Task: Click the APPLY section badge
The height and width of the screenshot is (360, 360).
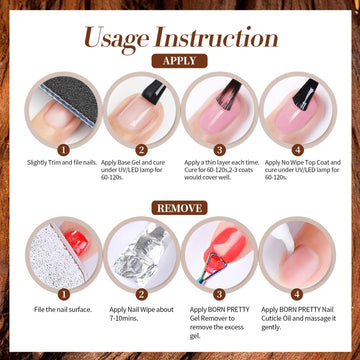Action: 179,61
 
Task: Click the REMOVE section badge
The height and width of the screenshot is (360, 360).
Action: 179,208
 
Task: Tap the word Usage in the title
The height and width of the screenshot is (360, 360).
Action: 116,38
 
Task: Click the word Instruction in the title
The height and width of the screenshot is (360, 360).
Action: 216,37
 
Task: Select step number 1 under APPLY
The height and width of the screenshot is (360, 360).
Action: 63,150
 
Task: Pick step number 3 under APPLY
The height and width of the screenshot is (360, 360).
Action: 219,150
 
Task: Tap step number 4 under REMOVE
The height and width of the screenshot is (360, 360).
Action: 297,295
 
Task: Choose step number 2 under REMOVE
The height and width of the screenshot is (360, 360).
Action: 141,295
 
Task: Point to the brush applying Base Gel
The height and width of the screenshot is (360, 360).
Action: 153,92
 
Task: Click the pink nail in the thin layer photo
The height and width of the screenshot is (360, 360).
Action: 221,113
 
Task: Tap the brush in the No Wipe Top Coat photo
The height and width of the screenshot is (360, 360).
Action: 305,94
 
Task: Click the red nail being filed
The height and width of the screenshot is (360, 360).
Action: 76,243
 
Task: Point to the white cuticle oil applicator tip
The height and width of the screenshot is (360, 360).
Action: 283,236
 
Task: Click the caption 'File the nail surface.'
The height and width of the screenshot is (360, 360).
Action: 63,310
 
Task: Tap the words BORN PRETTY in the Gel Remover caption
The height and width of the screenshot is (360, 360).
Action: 229,310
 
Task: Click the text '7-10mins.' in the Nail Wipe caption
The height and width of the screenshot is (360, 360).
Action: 124,318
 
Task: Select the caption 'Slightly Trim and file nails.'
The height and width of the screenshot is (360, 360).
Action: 62,163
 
